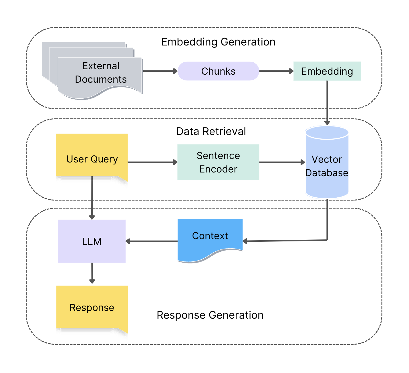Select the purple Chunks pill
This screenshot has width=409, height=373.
point(218,71)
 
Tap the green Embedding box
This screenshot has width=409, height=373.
point(327,71)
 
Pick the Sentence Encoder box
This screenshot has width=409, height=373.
point(218,162)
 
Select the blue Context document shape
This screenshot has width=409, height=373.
point(210,237)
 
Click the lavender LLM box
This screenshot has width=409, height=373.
point(92,241)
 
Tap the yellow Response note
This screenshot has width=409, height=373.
point(92,307)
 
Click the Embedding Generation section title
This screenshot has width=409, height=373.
point(218,42)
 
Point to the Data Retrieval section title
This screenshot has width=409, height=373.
point(211,132)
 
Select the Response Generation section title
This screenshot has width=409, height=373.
point(210,315)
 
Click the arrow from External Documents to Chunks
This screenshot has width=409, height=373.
point(160,71)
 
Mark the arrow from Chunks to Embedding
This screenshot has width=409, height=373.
point(276,71)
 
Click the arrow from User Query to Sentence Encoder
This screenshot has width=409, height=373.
point(152,162)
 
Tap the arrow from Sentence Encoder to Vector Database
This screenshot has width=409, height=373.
point(282,162)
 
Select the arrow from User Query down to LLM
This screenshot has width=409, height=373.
point(92,197)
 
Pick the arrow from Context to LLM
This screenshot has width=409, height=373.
point(152,241)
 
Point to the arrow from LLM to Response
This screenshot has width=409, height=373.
point(92,273)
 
